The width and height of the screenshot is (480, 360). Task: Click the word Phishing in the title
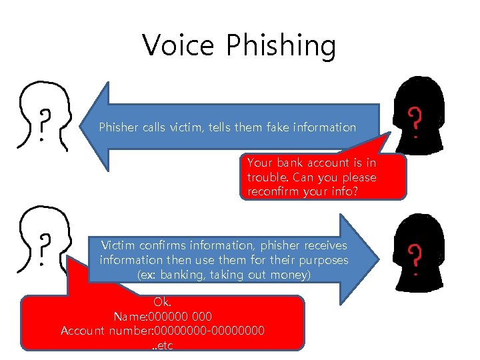pyautogui.click(x=281, y=47)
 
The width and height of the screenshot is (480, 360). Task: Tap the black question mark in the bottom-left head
pyautogui.click(x=45, y=249)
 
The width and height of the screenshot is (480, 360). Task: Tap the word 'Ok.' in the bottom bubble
pyautogui.click(x=162, y=301)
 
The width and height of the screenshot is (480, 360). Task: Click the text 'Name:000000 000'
pyautogui.click(x=163, y=316)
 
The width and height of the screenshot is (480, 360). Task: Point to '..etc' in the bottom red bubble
pyautogui.click(x=162, y=345)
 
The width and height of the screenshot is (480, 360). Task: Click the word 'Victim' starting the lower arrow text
pyautogui.click(x=119, y=245)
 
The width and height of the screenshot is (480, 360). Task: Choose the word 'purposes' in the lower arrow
pyautogui.click(x=322, y=259)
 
